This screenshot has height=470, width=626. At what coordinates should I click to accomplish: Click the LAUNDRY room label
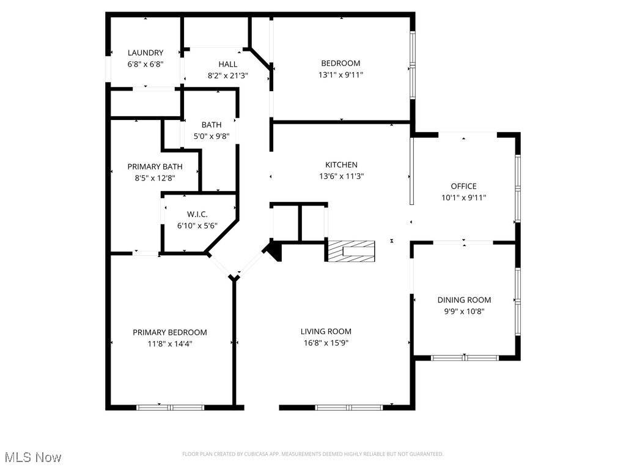pos(145,53)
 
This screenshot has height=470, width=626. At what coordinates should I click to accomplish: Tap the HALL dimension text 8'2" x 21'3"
pos(227,76)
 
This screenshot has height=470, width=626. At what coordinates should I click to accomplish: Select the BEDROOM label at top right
pos(341,63)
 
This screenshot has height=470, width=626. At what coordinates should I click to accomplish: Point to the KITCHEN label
pos(341,165)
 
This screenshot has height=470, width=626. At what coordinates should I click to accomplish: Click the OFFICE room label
pos(463,186)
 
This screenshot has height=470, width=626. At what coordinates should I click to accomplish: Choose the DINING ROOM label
pos(464,300)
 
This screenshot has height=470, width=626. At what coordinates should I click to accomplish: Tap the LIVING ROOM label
pos(326,332)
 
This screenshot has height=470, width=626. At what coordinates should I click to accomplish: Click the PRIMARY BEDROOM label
pos(170,332)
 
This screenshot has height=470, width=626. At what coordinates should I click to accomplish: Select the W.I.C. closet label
pos(197,214)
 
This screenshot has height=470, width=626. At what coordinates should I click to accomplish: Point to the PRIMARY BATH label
pos(155,166)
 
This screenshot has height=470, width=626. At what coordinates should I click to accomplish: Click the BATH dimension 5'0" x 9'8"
pos(211,136)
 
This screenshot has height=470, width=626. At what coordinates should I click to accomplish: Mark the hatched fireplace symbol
pos(351,251)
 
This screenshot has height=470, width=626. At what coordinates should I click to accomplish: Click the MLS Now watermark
pos(33,457)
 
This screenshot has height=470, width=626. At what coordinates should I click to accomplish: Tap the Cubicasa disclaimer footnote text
pos(312,454)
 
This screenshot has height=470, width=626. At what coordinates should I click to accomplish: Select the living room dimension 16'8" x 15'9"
pos(326,343)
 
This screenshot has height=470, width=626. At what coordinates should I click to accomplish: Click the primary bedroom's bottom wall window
pos(162,407)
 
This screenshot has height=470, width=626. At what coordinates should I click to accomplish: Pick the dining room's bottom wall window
pos(464,357)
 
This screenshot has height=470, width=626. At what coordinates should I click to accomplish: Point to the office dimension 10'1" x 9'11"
pos(463,197)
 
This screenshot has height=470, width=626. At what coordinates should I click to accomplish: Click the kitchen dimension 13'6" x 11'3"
pos(341,176)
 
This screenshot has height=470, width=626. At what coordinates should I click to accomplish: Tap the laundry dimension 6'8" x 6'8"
pos(145,64)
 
